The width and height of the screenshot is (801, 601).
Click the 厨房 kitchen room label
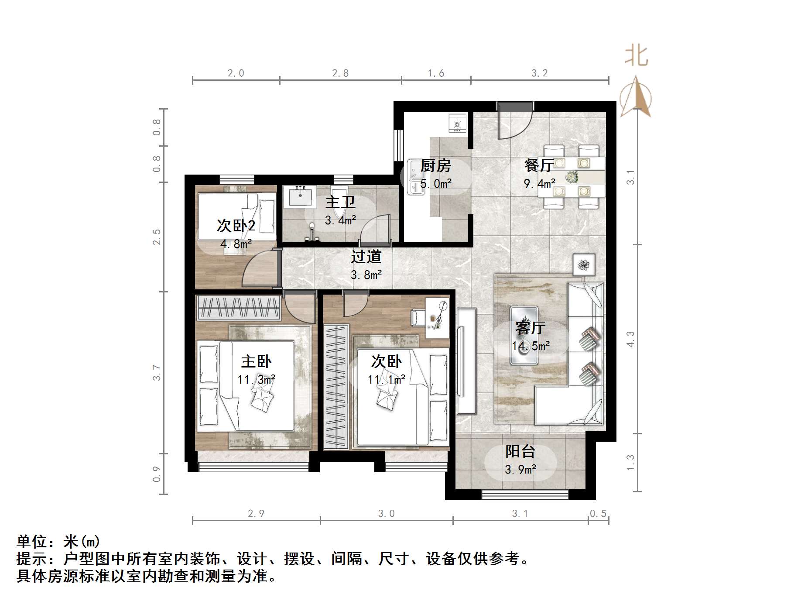coord(435,166)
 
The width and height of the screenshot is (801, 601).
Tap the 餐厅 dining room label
coord(539,165)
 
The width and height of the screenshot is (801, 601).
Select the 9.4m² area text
coord(539,183)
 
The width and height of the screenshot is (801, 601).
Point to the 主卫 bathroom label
coord(340,202)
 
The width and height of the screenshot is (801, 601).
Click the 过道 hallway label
coord(366,257)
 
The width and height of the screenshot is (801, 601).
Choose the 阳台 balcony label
coord(520,451)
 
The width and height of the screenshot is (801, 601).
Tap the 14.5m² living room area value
coord(531,346)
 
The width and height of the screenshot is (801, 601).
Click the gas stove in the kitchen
coord(458,124)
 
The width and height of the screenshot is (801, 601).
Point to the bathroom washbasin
coord(300,196)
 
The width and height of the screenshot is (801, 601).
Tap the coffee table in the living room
coord(524,335)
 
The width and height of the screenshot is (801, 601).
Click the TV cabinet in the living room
coord(466,361)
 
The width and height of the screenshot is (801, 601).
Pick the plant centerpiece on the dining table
coord(572,177)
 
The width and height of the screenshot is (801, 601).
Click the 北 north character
coord(636,56)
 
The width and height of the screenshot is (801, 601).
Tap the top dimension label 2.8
coord(340,73)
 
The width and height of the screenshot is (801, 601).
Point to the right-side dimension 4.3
coord(630,339)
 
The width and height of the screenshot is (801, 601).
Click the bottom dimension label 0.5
coord(598,513)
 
